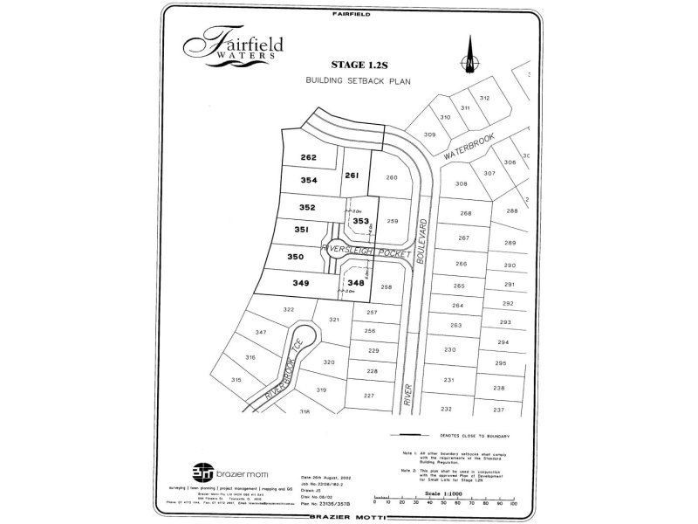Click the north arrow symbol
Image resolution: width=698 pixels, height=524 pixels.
pos(470,54)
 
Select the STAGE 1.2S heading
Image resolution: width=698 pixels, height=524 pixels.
pos(359,64)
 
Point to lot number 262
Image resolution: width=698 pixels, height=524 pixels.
pos(307,158)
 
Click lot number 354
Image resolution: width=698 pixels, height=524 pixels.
pos(307,180)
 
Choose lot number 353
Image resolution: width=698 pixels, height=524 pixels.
pos(360,221)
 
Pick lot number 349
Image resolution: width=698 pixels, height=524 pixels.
pos(301,283)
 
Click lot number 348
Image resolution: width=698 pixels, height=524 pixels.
pos(355,283)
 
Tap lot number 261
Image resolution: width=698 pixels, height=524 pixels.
pos(352,176)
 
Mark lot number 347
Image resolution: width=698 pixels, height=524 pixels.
pos(260,333)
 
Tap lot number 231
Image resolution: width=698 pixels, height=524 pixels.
pos(449,380)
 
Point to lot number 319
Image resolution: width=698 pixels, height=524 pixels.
pos(321,390)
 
